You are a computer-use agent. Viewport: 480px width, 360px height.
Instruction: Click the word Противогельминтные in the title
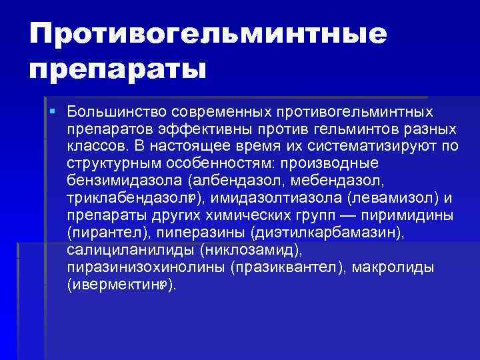click(x=207, y=33)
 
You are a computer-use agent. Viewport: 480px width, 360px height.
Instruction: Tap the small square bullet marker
click(x=52, y=108)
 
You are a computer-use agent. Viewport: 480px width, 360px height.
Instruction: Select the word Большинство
click(x=114, y=109)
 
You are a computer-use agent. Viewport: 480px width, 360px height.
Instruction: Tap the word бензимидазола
click(x=124, y=181)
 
